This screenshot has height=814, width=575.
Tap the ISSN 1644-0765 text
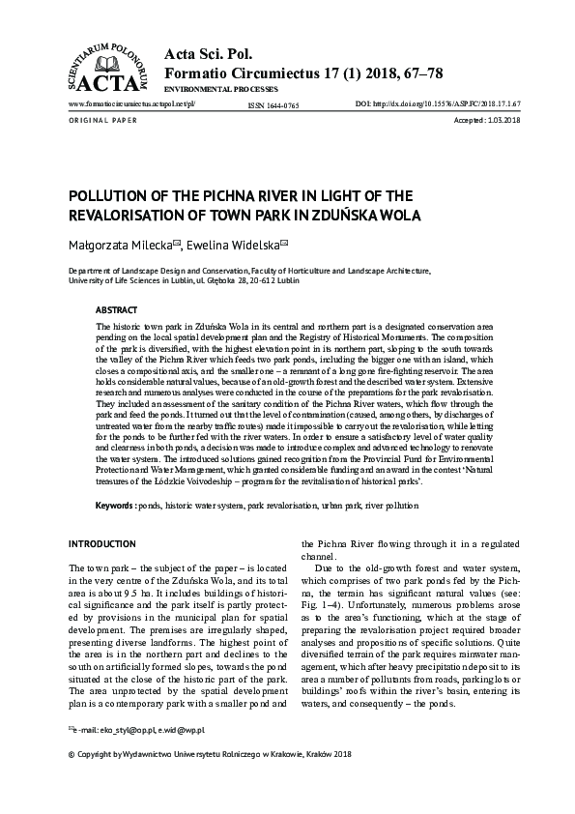pyautogui.click(x=273, y=103)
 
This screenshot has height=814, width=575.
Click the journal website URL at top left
pyautogui.click(x=130, y=102)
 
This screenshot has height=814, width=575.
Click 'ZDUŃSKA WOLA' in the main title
pyautogui.click(x=335, y=214)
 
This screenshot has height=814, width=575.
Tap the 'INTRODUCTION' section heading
pyautogui.click(x=101, y=544)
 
